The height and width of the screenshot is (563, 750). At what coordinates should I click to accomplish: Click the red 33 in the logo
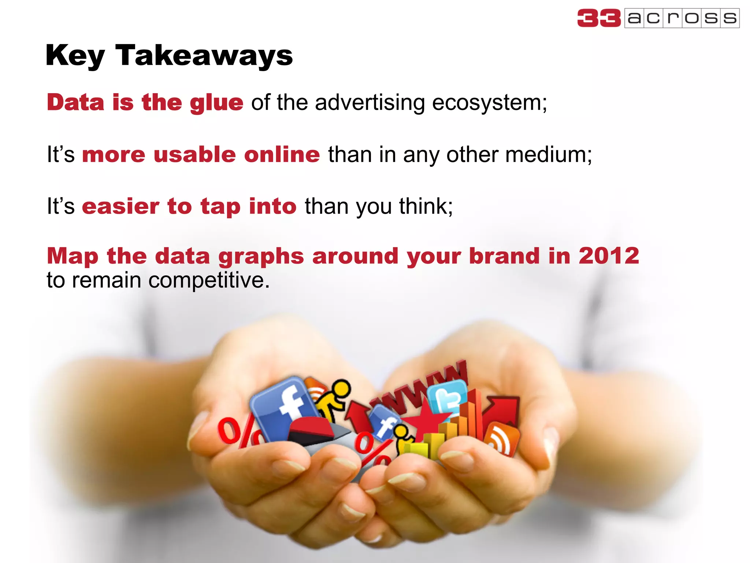point(599,18)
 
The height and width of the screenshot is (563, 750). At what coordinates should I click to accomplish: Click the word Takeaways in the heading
point(204,56)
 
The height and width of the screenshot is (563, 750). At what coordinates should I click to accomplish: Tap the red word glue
point(216,103)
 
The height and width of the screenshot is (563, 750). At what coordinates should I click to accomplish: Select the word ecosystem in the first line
point(489,103)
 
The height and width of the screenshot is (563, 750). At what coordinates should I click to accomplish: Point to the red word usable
point(194,154)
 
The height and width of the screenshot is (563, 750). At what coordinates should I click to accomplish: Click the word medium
point(548,154)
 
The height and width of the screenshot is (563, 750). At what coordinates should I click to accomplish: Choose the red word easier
point(120,206)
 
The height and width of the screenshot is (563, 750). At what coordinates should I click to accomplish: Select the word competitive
point(209,280)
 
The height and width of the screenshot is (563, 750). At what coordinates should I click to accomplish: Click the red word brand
point(504,255)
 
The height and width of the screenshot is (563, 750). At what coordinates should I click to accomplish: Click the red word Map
point(72,255)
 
